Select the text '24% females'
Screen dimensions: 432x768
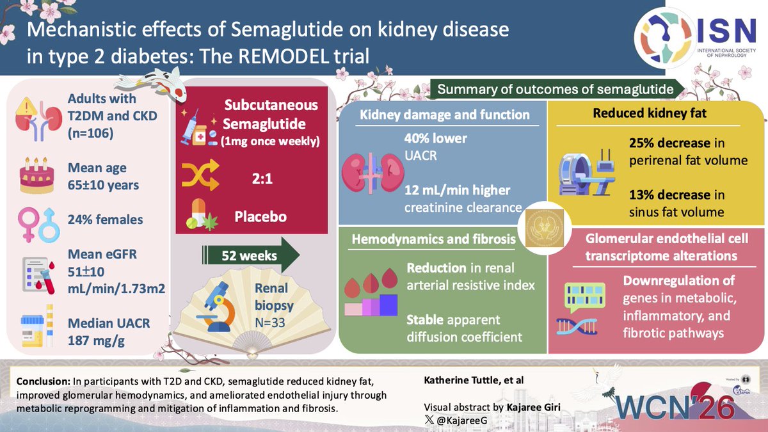click(106, 219)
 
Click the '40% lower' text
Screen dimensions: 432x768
click(436, 138)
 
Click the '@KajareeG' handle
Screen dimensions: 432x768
click(462, 420)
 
